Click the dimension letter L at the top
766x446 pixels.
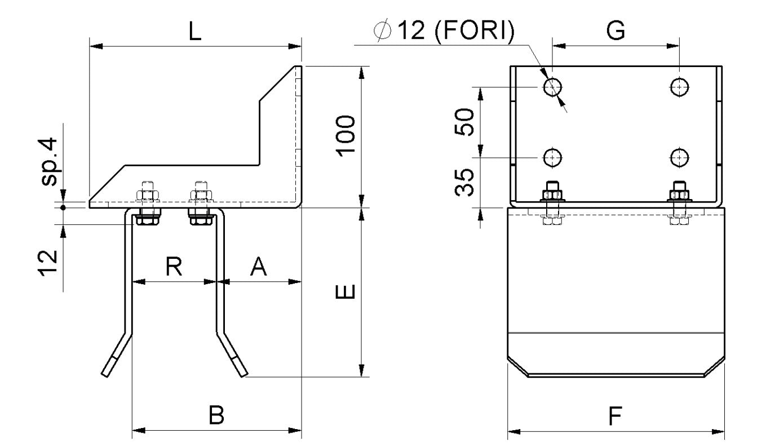click(194, 32)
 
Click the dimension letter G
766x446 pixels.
click(616, 32)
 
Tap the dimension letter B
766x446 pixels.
click(216, 416)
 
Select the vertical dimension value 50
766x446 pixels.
click(466, 121)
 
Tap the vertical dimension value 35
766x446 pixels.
click(466, 182)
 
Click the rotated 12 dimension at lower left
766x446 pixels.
click(50, 260)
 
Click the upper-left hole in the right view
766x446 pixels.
click(552, 87)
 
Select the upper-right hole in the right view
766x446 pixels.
click(680, 87)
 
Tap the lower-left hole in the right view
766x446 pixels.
click(552, 157)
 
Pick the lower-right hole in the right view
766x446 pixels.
click(680, 157)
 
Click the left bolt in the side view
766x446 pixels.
click(148, 204)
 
